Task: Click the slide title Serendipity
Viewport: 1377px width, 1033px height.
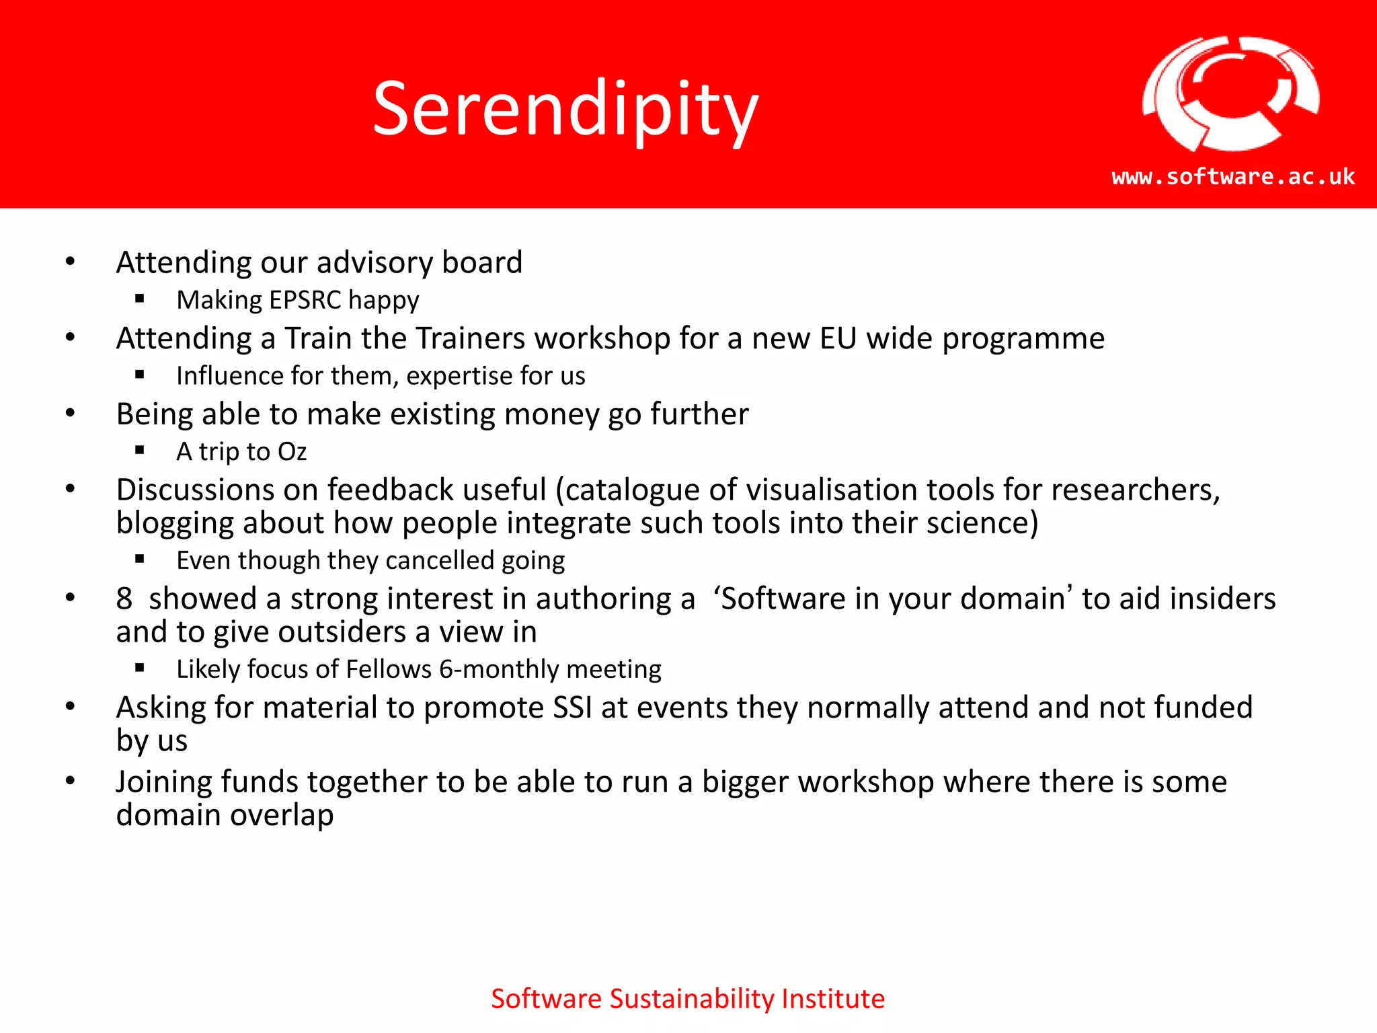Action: click(x=565, y=109)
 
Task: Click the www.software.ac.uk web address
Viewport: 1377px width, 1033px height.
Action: click(x=1233, y=176)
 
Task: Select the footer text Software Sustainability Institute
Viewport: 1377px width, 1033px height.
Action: click(x=687, y=999)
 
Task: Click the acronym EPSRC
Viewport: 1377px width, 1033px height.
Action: click(x=305, y=300)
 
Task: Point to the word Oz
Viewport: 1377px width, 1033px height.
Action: click(x=292, y=452)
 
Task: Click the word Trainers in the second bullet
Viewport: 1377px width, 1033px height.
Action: click(x=471, y=338)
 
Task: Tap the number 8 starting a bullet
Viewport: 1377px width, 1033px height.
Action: click(x=124, y=599)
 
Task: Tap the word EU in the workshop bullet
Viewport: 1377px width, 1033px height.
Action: click(x=838, y=338)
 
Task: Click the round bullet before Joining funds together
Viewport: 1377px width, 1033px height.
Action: click(x=71, y=781)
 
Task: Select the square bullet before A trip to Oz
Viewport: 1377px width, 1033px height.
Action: click(x=140, y=451)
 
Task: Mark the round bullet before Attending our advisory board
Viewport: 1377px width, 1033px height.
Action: click(x=71, y=262)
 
